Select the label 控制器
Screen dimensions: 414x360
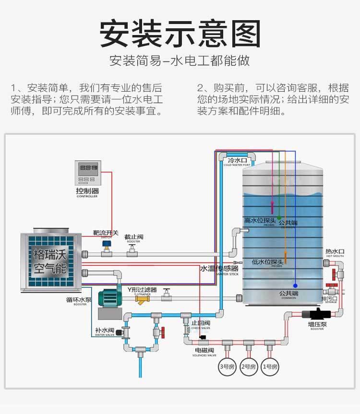(x=87, y=191)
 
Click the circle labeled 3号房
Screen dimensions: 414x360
(x=227, y=367)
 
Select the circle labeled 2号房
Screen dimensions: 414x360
(x=249, y=367)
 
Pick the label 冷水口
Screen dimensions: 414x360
(x=237, y=160)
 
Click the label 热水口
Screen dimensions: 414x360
(x=335, y=251)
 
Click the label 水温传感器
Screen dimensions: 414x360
(x=219, y=269)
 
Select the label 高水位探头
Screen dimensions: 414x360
(x=261, y=220)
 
